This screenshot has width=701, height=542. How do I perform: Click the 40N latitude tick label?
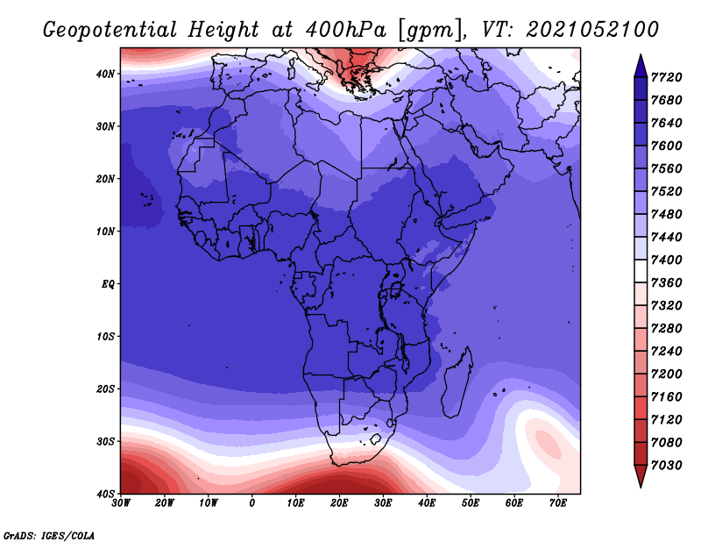coord(105,74)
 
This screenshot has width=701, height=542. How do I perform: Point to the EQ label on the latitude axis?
coord(108,284)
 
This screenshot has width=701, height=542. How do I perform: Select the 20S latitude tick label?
coord(105,389)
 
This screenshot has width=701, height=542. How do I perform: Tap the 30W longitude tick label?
coord(121,503)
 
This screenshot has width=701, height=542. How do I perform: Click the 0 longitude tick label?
coord(252,503)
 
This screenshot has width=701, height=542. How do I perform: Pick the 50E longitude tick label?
coord(471,503)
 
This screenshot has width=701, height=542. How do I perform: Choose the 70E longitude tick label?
coord(558,503)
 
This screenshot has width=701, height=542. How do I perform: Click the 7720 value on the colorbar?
coord(666,77)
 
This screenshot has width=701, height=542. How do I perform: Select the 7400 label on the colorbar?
coord(666,260)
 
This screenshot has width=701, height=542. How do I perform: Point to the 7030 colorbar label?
coord(666,466)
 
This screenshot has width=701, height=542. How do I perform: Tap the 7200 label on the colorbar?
coord(666,374)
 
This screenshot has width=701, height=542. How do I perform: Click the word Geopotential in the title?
coord(110,30)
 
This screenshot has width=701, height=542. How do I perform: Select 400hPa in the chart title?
coord(345,30)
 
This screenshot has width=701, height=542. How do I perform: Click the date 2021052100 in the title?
coord(592,30)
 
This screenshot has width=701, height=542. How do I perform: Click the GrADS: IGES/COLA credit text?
coord(49,536)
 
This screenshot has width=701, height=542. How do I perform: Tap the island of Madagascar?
coord(457,382)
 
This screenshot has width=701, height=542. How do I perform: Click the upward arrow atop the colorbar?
coord(641,67)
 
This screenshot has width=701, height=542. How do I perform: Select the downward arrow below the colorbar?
coord(641,476)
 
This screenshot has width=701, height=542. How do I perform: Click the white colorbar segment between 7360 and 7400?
coord(641,271)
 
